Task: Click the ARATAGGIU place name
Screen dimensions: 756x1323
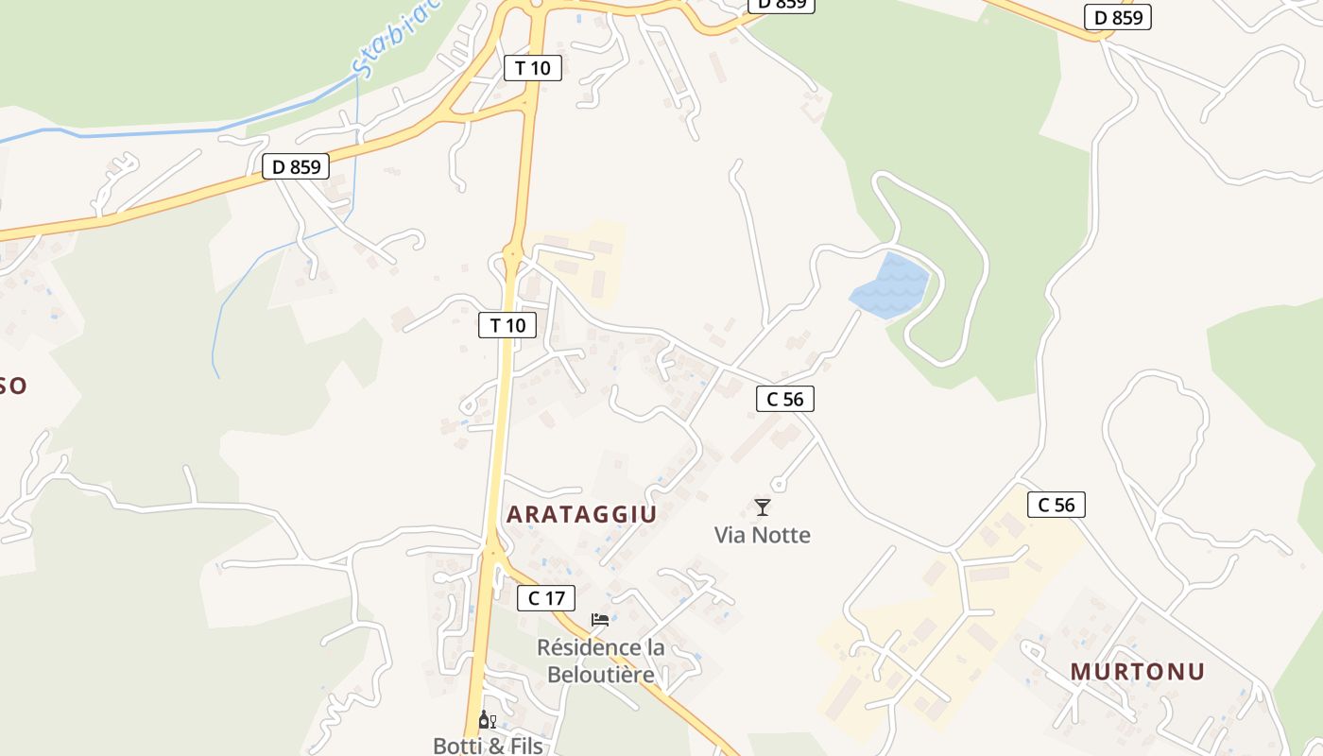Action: click(581, 514)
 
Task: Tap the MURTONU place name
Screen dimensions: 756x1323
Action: click(1137, 672)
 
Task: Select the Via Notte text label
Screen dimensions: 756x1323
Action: click(762, 535)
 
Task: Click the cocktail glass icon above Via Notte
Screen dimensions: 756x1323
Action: click(763, 507)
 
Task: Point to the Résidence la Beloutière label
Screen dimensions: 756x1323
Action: click(600, 661)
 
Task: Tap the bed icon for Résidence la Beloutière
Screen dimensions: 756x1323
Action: click(600, 620)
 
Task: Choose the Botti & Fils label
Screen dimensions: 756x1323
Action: click(488, 746)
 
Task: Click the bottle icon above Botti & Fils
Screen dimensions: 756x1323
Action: click(487, 720)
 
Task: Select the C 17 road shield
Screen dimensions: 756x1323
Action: click(546, 597)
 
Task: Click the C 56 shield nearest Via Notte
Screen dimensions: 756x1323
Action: click(784, 399)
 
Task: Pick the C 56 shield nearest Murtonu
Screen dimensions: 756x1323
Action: click(1056, 505)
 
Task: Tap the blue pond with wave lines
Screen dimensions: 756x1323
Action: click(889, 286)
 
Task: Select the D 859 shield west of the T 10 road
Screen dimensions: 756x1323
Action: click(296, 167)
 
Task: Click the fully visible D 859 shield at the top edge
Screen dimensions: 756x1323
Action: click(1118, 17)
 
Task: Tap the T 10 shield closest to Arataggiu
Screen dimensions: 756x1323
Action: click(507, 325)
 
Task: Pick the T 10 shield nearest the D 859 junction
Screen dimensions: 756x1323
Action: click(533, 67)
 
